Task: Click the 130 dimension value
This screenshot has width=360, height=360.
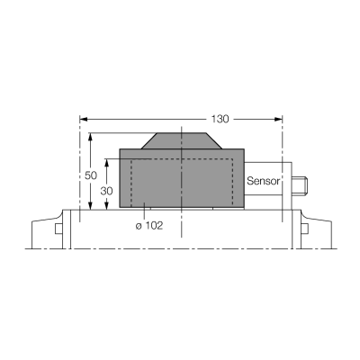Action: [x=220, y=119]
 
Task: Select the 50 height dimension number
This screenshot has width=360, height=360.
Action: [x=91, y=175]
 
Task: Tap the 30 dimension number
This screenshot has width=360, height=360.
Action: [x=106, y=191]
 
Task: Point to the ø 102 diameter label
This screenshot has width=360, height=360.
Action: [x=149, y=225]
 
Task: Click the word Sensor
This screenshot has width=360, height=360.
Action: [x=263, y=181]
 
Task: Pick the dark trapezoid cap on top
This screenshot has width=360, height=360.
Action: [x=182, y=140]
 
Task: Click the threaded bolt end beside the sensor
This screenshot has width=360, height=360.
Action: [x=300, y=186]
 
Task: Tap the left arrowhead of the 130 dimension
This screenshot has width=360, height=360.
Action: [x=84, y=119]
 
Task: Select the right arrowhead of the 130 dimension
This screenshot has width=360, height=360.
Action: [x=278, y=119]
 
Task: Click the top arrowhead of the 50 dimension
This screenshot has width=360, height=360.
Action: [x=90, y=137]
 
